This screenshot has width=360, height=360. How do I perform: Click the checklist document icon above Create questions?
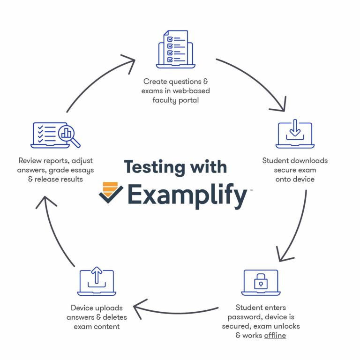tap(175, 49)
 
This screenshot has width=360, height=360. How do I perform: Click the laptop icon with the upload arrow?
tap(96, 282)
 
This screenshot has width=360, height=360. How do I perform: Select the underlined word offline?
tap(275, 336)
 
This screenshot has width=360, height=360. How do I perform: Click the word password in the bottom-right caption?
tap(244, 317)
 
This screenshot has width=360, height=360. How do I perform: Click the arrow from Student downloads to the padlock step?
tap(294, 225)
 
